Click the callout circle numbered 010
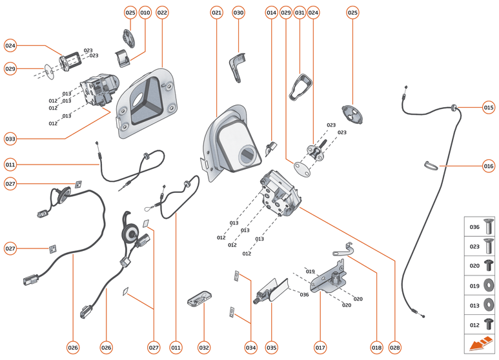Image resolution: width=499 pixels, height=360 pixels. coord(145,12)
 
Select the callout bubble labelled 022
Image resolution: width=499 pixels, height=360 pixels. coord(162,12)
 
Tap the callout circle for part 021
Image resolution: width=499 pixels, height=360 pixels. coord(216,12)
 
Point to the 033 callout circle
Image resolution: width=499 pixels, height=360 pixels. coord(10,138)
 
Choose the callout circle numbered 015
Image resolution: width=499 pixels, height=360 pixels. coord(489,107)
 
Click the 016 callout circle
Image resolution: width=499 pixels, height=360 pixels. coord(489,166)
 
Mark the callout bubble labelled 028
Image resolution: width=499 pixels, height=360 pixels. coord(395,348)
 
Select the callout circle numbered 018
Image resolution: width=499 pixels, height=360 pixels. coord(376,348)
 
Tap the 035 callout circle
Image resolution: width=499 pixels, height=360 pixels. coord(272,348)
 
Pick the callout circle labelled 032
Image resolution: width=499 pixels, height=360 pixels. coord(204,348)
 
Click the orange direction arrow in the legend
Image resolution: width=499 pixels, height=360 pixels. coord(480,343)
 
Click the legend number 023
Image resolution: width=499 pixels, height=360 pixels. coord(474,246)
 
